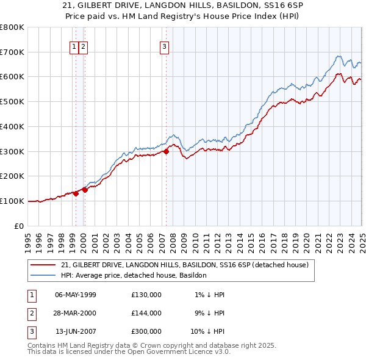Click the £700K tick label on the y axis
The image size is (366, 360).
click(x=12, y=52)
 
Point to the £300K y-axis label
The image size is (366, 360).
click(x=12, y=151)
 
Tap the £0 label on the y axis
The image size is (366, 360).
click(x=20, y=226)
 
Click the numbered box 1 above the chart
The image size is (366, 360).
click(x=74, y=46)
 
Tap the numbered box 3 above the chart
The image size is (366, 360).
click(x=165, y=46)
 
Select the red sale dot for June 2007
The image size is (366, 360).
click(x=166, y=151)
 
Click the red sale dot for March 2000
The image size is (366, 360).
click(x=85, y=190)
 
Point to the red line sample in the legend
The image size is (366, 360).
click(x=43, y=265)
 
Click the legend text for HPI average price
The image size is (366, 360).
click(x=134, y=276)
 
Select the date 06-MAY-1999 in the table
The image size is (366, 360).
click(x=75, y=295)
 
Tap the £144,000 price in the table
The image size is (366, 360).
click(x=146, y=313)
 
